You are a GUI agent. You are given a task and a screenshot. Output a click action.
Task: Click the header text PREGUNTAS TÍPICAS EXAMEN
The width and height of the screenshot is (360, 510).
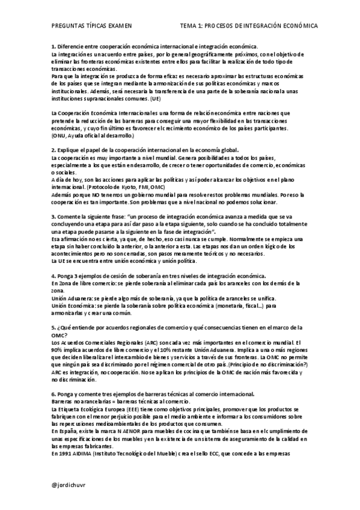[91, 27]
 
